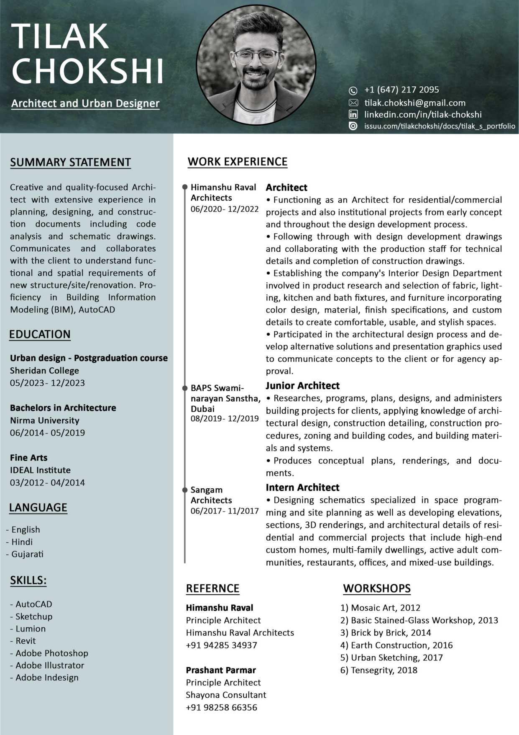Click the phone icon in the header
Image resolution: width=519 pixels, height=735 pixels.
(353, 90)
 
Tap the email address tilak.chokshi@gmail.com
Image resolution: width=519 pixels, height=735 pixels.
(414, 103)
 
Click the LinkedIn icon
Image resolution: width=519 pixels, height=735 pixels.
(353, 114)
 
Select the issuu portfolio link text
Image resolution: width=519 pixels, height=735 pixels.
(440, 126)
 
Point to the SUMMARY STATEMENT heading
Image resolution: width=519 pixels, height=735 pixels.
(70, 162)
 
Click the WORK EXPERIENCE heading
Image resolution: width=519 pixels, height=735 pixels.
(237, 162)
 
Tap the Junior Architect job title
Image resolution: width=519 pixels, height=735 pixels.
(302, 386)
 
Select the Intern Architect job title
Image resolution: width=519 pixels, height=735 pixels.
(302, 487)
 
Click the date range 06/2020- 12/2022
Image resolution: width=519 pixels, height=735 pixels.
(225, 209)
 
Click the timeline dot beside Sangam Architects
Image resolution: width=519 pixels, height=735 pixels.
(184, 490)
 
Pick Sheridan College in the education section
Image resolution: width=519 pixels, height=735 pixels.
(44, 371)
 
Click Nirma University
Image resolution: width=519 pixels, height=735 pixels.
(44, 420)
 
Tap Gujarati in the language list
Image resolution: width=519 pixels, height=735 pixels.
(27, 554)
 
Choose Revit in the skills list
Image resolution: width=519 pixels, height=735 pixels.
(26, 641)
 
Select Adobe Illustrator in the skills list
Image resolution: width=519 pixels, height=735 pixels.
(50, 665)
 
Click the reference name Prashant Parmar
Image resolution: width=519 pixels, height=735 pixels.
(221, 670)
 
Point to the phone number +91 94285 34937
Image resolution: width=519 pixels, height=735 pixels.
(221, 645)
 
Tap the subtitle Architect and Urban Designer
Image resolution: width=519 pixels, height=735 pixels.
(85, 103)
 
